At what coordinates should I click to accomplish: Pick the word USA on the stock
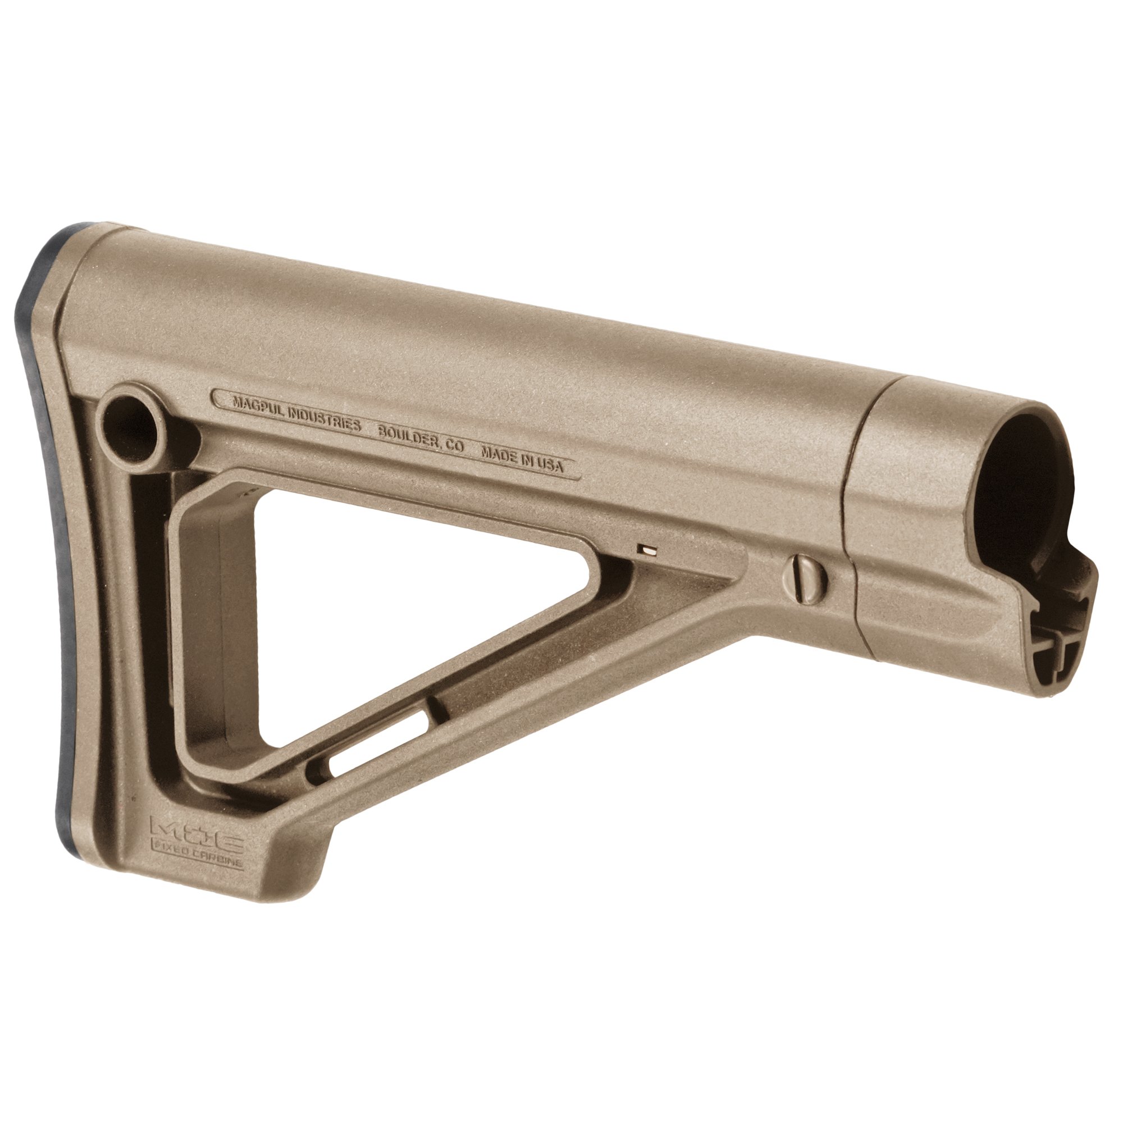549,464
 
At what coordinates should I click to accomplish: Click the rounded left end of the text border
217,398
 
